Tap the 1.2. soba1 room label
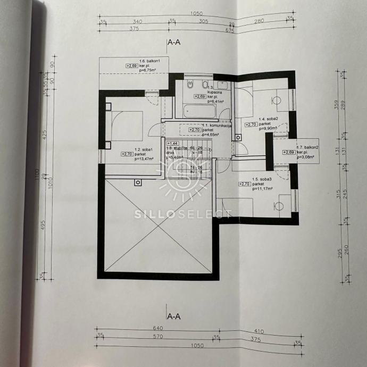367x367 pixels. click(144, 149)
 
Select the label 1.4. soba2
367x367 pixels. click(269, 119)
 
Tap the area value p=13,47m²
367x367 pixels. click(144, 159)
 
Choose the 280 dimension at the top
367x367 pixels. click(259, 22)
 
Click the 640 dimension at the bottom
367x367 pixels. click(157, 328)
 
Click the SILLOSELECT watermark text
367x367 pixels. click(183, 214)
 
